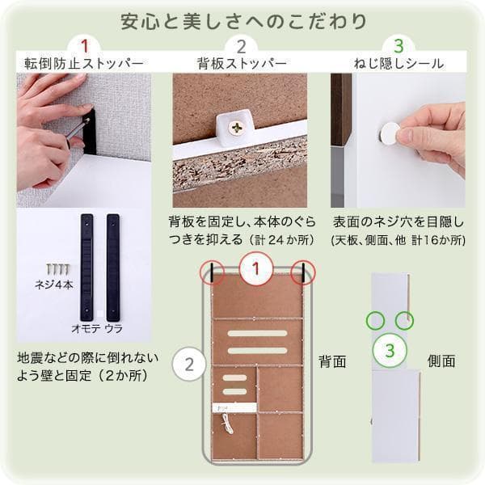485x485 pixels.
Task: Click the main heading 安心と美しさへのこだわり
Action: pyautogui.click(x=242, y=19)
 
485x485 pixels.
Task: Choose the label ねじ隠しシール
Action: pyautogui.click(x=398, y=62)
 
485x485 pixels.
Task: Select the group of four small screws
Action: pyautogui.click(x=57, y=268)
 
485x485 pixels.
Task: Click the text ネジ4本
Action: pyautogui.click(x=55, y=285)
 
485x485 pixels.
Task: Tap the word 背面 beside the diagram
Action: pyautogui.click(x=331, y=361)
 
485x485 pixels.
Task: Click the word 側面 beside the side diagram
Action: pyautogui.click(x=441, y=361)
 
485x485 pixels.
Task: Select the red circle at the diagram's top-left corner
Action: pyautogui.click(x=213, y=272)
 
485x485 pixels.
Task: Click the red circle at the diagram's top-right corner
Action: pyautogui.click(x=304, y=272)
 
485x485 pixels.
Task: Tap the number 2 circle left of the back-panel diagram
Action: pyautogui.click(x=189, y=363)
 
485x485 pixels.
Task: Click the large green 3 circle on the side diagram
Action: pyautogui.click(x=390, y=351)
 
